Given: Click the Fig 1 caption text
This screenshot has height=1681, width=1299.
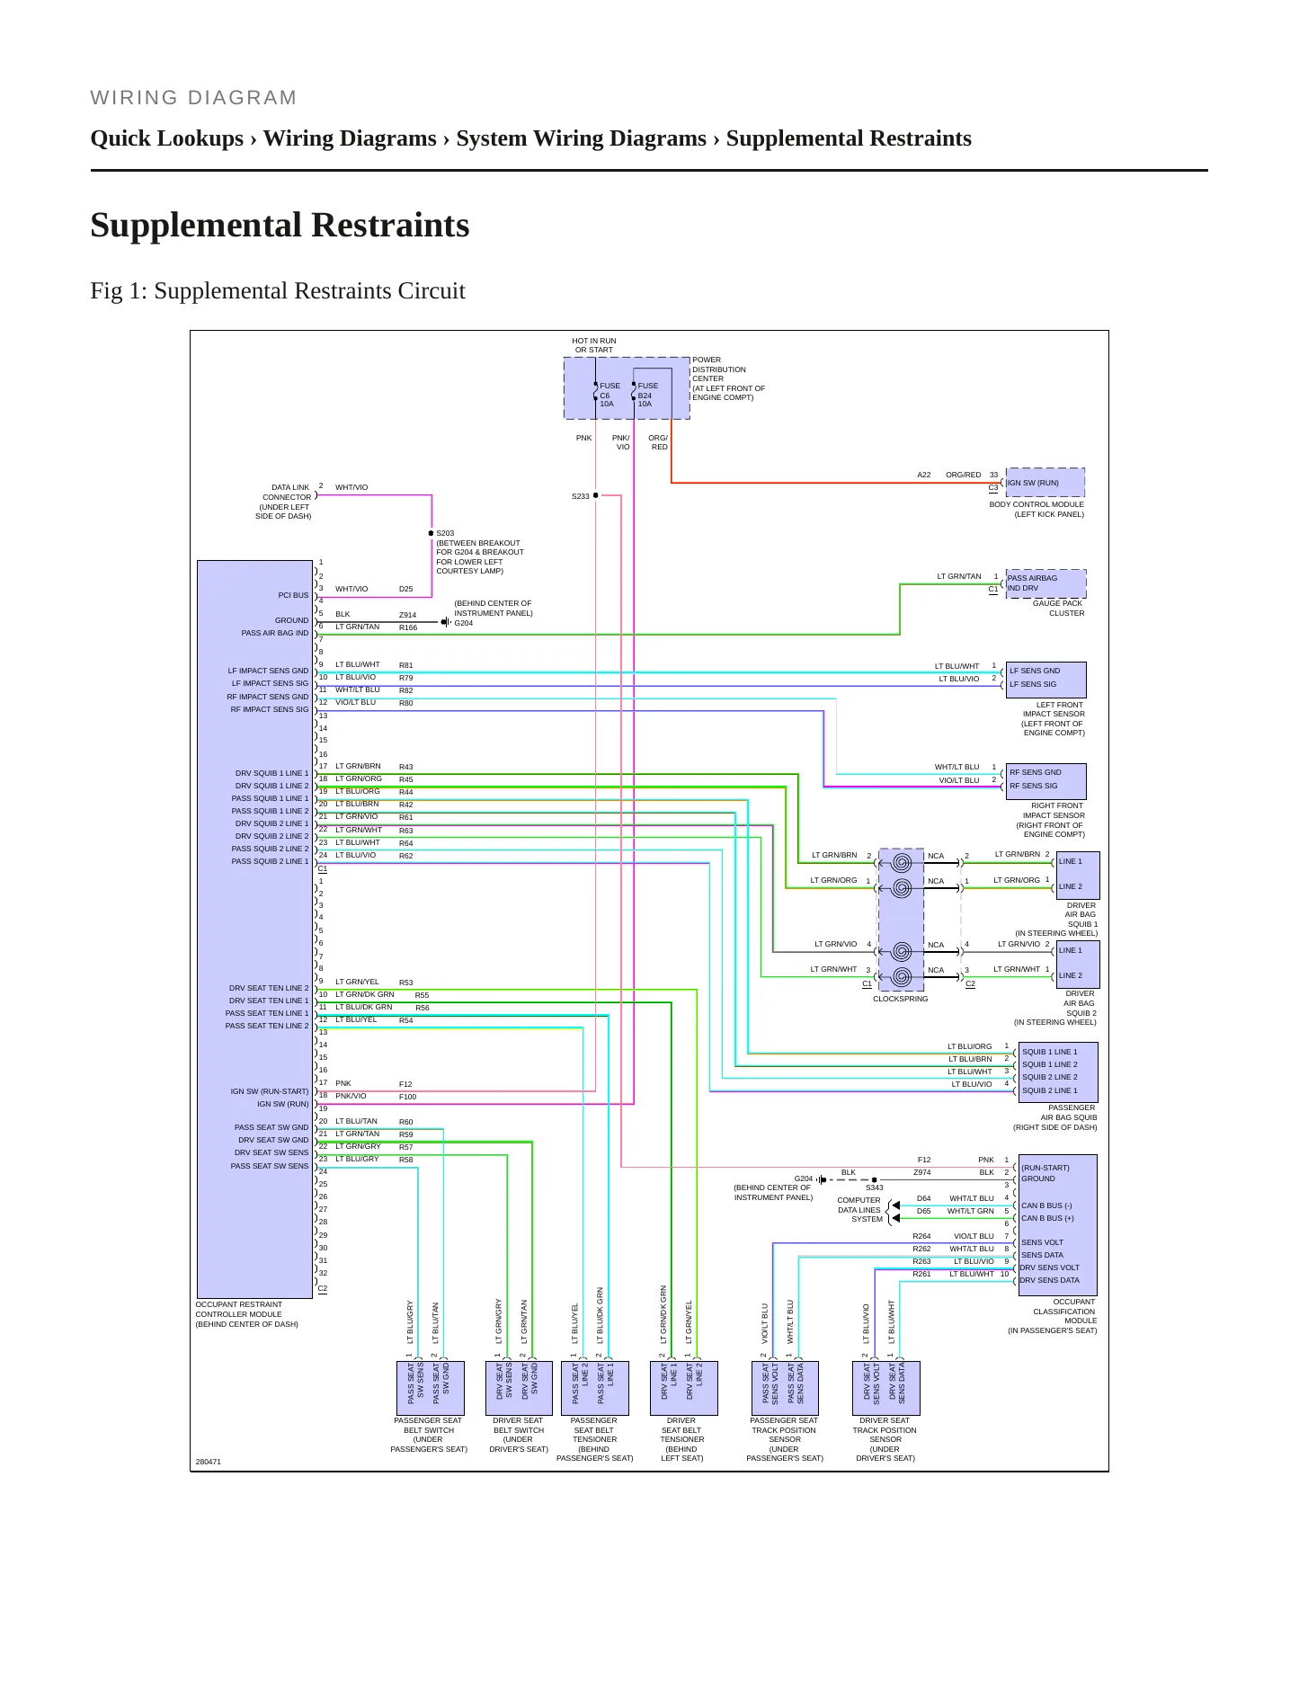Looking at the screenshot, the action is click(x=278, y=291).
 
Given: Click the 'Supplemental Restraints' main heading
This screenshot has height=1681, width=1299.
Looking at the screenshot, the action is click(x=280, y=225).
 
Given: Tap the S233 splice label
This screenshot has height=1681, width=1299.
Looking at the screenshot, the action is click(x=581, y=496).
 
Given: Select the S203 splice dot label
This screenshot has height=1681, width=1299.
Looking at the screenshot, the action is click(x=445, y=533).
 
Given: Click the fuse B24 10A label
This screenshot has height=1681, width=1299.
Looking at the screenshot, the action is click(x=647, y=395).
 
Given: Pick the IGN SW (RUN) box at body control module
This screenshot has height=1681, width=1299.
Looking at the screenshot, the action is click(x=1045, y=483).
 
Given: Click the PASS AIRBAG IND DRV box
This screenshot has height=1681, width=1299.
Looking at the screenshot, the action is click(x=1045, y=583).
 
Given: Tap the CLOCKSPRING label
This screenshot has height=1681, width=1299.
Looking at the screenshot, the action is click(x=900, y=999).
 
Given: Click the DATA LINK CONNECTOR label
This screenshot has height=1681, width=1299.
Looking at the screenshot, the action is click(x=283, y=502).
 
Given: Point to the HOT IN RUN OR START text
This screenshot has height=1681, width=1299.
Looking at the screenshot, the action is click(x=594, y=345).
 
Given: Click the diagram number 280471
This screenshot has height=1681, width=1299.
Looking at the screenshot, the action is click(x=208, y=1462).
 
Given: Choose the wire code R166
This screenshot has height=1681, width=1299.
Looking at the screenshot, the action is click(x=408, y=627).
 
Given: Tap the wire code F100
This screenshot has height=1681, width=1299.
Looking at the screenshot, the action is click(x=407, y=1097).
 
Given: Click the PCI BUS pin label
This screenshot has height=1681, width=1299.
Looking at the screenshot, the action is click(x=293, y=595).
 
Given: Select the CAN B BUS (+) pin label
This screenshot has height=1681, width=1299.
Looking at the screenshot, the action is click(x=1047, y=1218).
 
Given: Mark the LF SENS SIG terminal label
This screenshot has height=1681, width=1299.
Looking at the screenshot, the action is click(x=1033, y=684).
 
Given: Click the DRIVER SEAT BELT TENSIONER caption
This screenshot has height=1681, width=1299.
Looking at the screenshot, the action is click(x=681, y=1439).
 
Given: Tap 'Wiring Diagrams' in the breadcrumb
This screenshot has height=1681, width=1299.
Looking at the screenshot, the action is click(x=349, y=138).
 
